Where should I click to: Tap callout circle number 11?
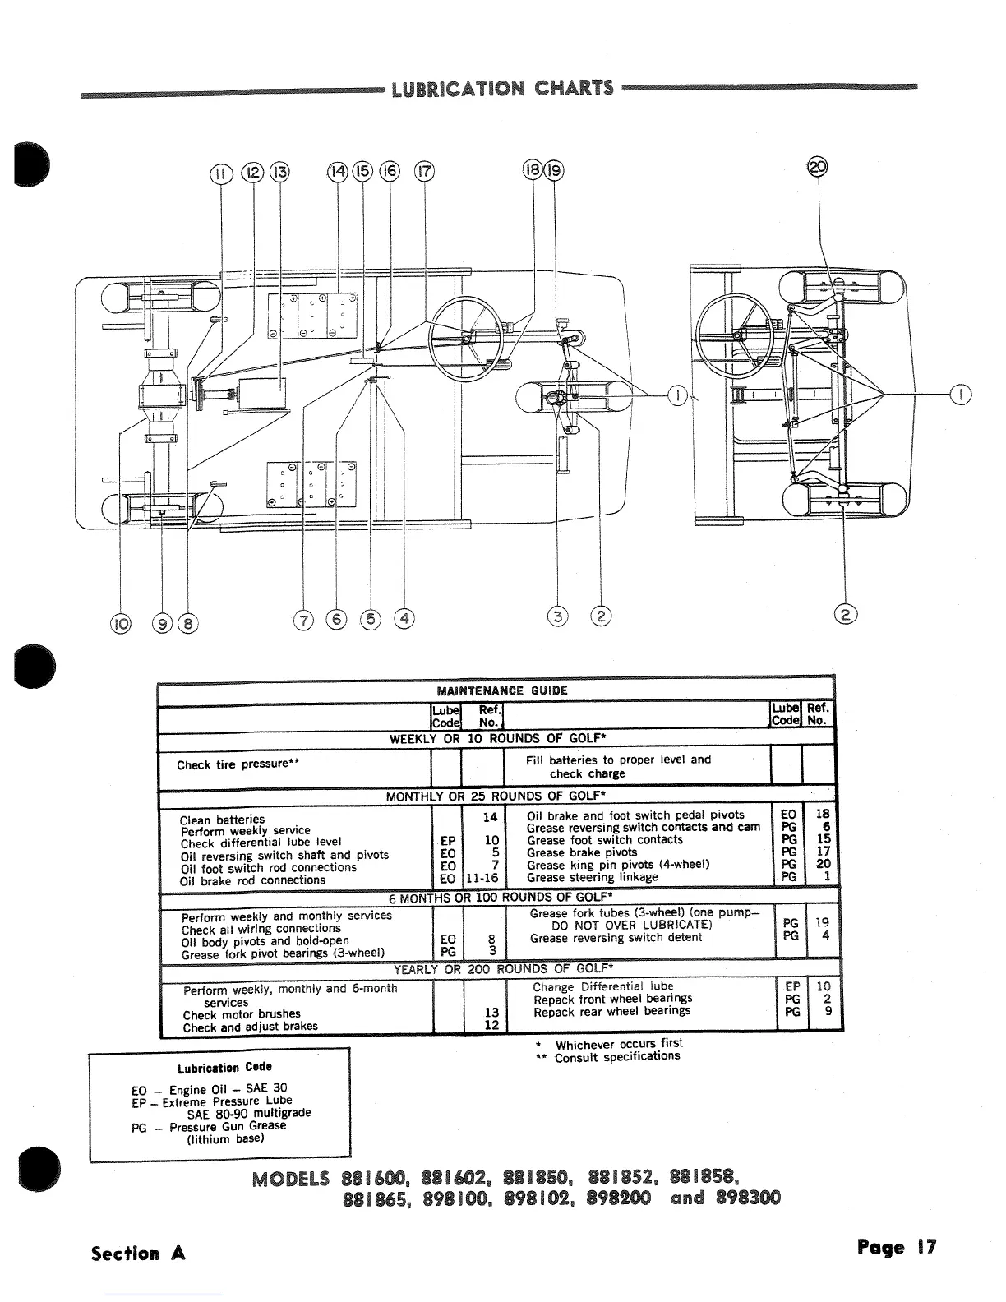[219, 173]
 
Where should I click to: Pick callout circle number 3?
[559, 616]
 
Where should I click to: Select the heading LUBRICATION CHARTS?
[502, 88]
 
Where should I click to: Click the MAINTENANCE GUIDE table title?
[501, 690]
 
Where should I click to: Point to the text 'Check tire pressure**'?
[237, 764]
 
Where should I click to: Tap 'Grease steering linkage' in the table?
[593, 877]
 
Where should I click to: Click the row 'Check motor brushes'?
[242, 1014]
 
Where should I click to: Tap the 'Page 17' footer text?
[896, 1248]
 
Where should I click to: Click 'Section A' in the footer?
[138, 1254]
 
